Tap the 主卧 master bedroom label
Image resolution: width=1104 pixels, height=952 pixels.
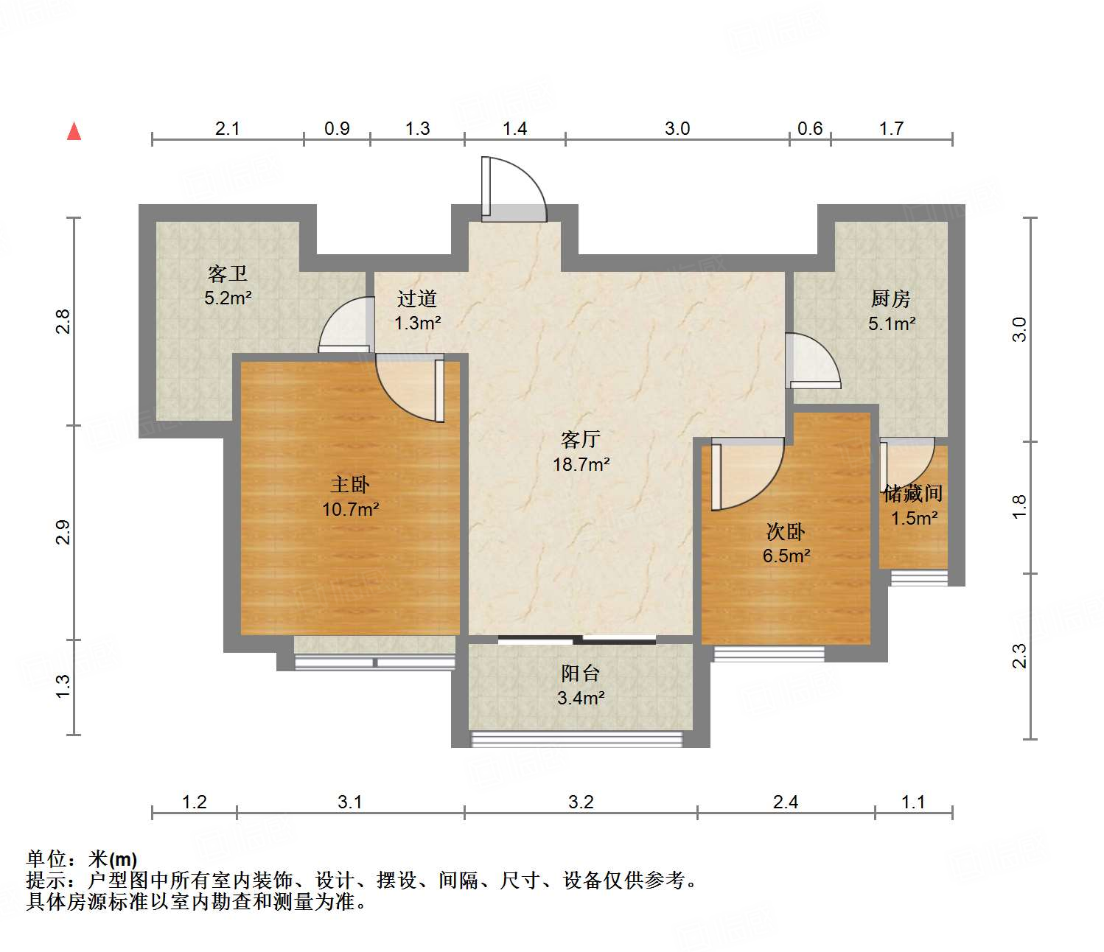click(350, 485)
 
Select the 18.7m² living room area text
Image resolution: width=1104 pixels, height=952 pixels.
click(581, 464)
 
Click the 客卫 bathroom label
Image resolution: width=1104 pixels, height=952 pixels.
click(228, 274)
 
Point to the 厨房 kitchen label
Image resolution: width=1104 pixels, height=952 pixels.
click(891, 298)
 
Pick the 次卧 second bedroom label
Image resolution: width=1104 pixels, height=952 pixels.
click(786, 531)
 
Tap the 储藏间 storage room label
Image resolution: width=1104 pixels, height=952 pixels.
click(913, 493)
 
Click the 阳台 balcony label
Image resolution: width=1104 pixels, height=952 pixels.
click(581, 673)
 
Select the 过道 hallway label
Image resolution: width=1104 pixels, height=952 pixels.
click(417, 298)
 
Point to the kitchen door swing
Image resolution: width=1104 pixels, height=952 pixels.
click(814, 361)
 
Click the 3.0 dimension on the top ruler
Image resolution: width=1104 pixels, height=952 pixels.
click(677, 128)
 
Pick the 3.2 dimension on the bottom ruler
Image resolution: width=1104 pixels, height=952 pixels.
click(581, 802)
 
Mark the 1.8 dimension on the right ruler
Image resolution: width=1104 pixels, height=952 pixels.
click(1019, 506)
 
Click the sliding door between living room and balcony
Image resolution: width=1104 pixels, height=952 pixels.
click(577, 640)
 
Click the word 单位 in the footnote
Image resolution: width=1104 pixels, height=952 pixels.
click(46, 859)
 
